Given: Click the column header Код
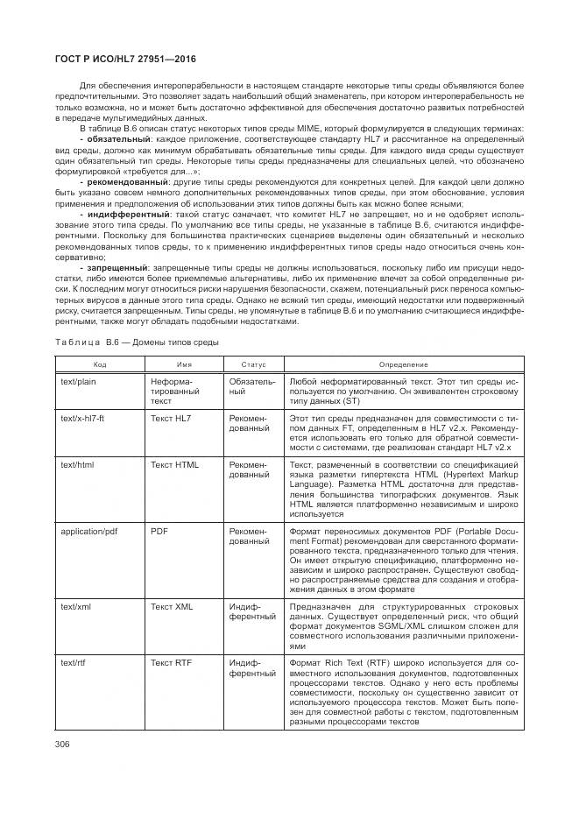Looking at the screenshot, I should click(100, 364).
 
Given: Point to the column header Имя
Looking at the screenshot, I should click(184, 364).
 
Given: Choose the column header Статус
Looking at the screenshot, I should click(252, 364).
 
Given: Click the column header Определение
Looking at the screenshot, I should click(403, 364).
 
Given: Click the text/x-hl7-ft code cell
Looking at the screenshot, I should click(86, 419).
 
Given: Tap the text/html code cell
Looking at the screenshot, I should click(78, 464).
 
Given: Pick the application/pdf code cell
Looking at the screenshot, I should click(90, 531).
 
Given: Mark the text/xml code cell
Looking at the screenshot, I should click(76, 605).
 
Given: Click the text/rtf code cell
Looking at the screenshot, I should click(74, 662).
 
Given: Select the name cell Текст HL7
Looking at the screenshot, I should click(171, 419).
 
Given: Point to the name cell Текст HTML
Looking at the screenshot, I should click(175, 464).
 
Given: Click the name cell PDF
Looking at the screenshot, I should click(159, 531).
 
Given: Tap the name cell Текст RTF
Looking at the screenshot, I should click(173, 662).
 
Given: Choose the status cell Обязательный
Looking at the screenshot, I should click(252, 388).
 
